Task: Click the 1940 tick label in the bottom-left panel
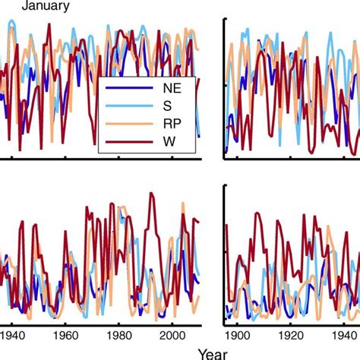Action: pos(13,333)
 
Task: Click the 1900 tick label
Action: pos(238,333)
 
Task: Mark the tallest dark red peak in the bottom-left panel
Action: pos(152,193)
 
